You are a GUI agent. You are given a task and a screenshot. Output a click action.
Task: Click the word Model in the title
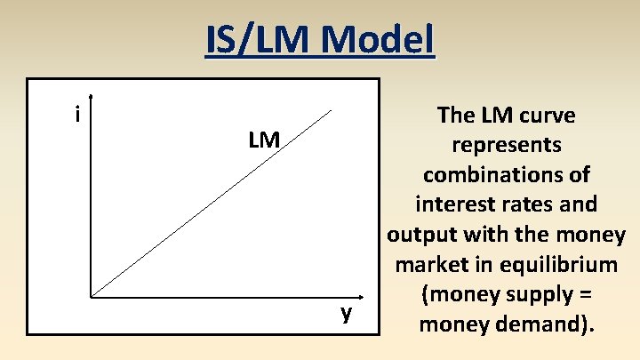[379, 40]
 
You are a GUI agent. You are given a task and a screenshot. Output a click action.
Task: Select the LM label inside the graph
[264, 140]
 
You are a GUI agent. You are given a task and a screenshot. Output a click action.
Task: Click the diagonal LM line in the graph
[213, 203]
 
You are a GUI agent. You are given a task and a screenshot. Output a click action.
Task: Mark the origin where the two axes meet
[91, 295]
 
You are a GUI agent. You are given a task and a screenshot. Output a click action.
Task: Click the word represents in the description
[506, 145]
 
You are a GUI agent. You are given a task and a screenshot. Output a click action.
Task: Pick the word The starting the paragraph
[456, 116]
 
